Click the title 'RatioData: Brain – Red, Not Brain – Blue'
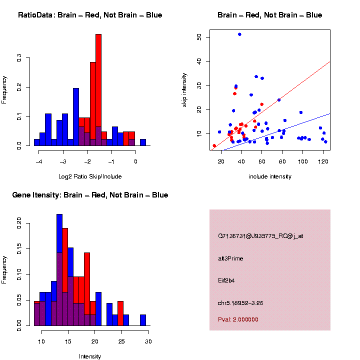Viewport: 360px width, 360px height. (x=90, y=15)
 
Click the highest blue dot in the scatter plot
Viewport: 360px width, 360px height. (x=239, y=34)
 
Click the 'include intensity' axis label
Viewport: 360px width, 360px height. (x=270, y=176)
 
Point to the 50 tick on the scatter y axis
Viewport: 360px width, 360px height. (x=199, y=37)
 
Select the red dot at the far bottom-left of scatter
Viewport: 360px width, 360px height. (x=214, y=146)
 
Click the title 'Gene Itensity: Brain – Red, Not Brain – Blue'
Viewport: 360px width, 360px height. (x=90, y=195)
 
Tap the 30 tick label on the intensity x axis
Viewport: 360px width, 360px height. (x=148, y=341)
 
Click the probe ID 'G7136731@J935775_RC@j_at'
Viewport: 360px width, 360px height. (x=260, y=236)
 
